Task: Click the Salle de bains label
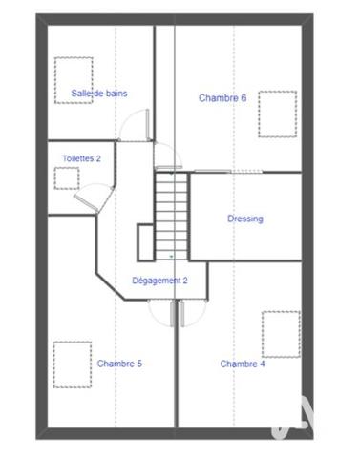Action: (99, 94)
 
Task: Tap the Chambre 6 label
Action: (222, 97)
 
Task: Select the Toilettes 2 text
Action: (82, 158)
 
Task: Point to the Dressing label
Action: (244, 219)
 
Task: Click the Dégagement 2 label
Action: (159, 281)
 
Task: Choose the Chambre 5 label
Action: (119, 364)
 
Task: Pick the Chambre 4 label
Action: (243, 364)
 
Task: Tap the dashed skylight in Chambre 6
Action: (277, 112)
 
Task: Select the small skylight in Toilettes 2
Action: (67, 177)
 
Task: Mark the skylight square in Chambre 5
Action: (72, 364)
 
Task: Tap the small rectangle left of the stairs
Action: (145, 242)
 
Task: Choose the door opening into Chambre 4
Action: (186, 313)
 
